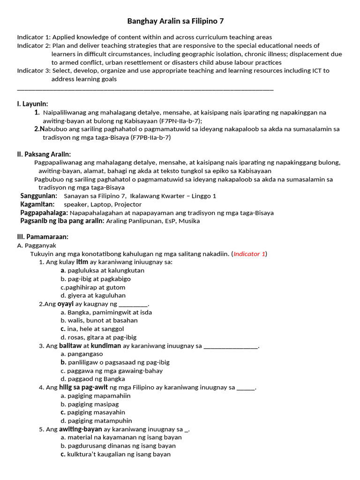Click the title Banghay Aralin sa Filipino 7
point(179,22)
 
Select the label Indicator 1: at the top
point(33,37)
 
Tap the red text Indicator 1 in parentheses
point(249,254)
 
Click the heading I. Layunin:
point(32,104)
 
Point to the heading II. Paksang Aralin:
point(44,154)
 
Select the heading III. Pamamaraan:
point(43,237)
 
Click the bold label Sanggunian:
point(39,196)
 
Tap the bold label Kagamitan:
point(37,204)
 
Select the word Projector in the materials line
point(128,204)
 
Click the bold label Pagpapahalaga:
point(44,213)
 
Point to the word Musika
point(189,221)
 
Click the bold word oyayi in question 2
point(66,304)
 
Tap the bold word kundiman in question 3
point(106,346)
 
